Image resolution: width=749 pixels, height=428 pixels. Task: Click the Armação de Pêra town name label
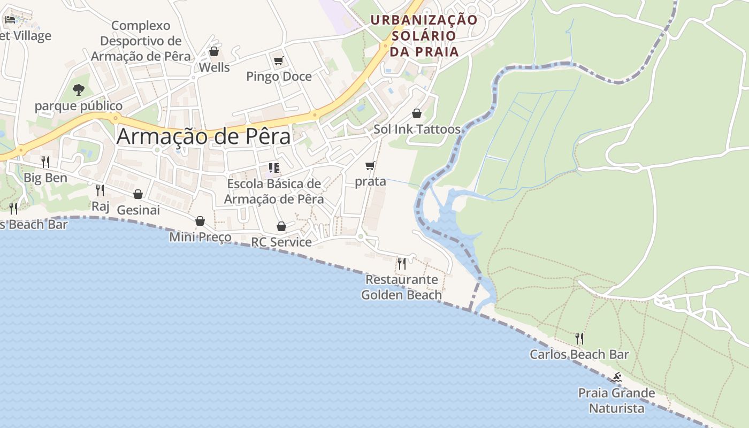(203, 136)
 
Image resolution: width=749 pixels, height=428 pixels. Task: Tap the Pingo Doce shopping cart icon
(278, 61)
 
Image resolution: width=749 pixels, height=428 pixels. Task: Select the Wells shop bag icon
(214, 52)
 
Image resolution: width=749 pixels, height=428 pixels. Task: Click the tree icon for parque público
(79, 89)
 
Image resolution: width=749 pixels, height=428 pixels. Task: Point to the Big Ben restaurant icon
(45, 162)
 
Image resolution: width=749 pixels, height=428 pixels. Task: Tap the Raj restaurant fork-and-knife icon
(100, 190)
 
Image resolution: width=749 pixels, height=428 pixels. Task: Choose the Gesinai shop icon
(138, 194)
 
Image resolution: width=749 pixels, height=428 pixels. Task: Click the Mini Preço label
(200, 236)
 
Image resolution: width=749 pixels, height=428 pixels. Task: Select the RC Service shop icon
(281, 227)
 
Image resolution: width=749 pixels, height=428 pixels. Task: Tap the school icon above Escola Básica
(274, 169)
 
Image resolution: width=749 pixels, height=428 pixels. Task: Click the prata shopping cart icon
(370, 166)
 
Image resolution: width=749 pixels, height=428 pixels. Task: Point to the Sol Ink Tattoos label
(417, 129)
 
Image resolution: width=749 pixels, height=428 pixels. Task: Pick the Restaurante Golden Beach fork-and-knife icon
(402, 263)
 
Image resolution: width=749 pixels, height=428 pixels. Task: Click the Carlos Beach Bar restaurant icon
(579, 338)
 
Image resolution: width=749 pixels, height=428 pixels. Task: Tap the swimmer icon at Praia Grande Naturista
(617, 378)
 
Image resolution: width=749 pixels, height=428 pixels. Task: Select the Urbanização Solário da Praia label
(424, 35)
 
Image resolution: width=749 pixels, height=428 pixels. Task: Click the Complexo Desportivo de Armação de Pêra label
(141, 41)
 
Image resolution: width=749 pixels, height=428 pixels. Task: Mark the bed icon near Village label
(10, 20)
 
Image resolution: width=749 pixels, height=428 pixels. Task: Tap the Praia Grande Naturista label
(616, 401)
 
